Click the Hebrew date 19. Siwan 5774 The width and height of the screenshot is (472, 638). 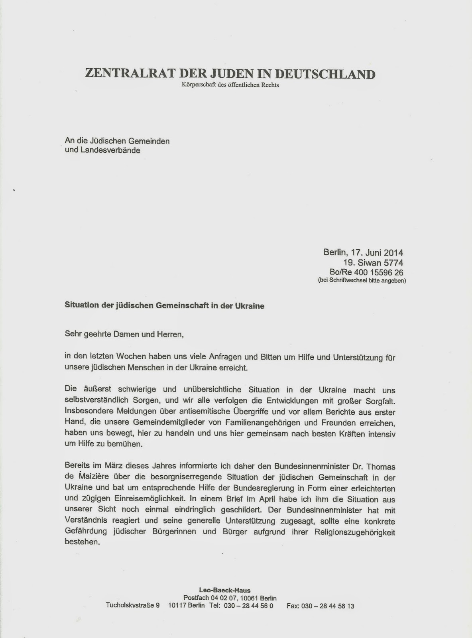click(373, 263)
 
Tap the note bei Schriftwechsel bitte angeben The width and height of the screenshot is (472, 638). click(362, 281)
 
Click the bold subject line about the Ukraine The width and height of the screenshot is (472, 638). click(164, 306)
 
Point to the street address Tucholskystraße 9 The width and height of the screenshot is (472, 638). click(133, 606)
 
